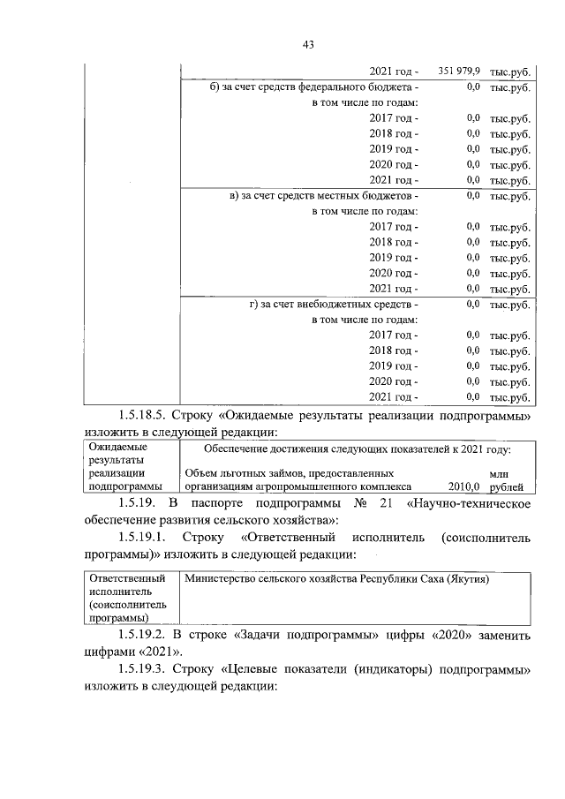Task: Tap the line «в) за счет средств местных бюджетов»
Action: (x=320, y=195)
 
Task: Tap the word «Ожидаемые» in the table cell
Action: (x=113, y=448)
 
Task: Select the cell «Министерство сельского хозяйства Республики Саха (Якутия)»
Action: (x=336, y=579)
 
